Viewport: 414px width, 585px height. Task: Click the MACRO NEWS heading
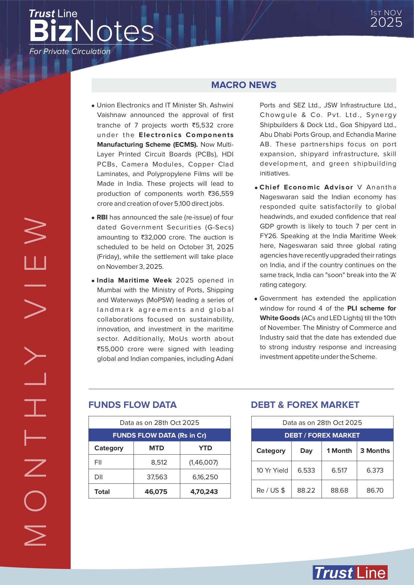[244, 85]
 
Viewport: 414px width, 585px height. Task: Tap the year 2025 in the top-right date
[386, 23]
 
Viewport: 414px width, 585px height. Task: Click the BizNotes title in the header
[91, 31]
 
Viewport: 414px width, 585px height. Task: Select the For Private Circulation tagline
[70, 51]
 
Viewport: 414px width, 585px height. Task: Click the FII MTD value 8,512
[159, 462]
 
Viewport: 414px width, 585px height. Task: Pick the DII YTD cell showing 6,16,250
[205, 477]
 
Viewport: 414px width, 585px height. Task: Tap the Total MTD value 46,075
[156, 492]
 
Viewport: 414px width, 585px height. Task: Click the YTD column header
[205, 448]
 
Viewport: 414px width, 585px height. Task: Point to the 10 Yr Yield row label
[272, 470]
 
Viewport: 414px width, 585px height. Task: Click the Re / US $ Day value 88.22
[306, 490]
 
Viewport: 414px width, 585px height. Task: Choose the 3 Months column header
[375, 451]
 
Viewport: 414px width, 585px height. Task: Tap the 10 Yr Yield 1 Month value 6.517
[339, 470]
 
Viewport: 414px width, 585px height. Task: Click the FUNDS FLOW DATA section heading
[132, 405]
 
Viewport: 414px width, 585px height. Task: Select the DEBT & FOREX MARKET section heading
[305, 405]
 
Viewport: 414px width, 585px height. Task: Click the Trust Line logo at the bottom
[350, 573]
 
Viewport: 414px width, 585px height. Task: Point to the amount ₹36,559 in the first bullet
[221, 194]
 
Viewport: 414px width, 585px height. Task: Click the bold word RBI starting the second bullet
[102, 217]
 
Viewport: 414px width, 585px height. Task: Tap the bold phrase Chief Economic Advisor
[306, 187]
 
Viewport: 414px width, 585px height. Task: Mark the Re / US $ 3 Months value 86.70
[375, 490]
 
